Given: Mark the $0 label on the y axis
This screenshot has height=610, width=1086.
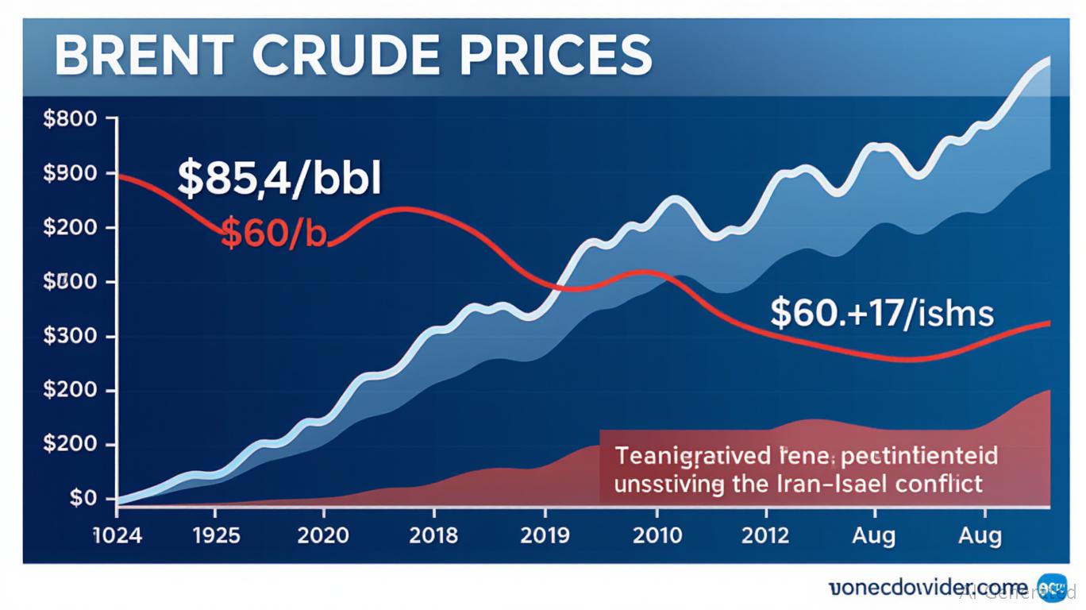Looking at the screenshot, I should tap(82, 498).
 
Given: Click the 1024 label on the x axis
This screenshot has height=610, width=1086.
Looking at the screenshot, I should tap(117, 535).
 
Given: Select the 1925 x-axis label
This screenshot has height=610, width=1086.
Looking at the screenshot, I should tap(216, 535).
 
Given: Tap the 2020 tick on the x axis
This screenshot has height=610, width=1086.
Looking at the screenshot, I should tap(323, 535).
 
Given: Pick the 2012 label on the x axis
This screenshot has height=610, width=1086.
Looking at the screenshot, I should tap(766, 535).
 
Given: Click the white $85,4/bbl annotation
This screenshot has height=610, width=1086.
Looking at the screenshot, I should tap(279, 179).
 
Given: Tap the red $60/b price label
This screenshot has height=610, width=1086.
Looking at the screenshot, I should tap(273, 234).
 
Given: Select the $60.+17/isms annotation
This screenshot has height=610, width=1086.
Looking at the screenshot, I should tap(881, 313).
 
